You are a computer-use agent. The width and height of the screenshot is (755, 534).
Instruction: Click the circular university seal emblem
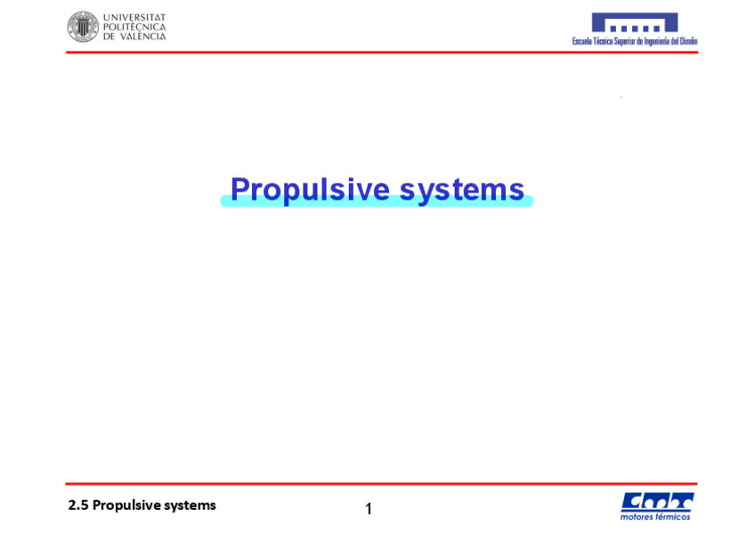click(x=83, y=27)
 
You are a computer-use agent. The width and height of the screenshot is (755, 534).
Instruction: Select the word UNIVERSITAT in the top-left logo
click(x=134, y=17)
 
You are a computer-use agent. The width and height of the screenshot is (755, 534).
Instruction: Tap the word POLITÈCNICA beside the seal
click(x=134, y=27)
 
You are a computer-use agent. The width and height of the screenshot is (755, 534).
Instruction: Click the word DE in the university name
click(x=109, y=37)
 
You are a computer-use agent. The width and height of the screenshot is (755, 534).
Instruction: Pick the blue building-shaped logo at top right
click(x=635, y=22)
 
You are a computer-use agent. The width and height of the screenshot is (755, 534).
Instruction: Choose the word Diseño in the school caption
click(x=688, y=41)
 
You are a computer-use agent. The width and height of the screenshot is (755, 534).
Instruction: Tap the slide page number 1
click(x=369, y=509)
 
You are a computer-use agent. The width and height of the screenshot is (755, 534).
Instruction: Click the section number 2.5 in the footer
click(x=78, y=505)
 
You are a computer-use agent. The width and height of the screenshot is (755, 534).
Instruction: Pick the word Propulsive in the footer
click(x=126, y=505)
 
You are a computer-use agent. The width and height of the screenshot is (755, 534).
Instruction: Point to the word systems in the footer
click(x=190, y=505)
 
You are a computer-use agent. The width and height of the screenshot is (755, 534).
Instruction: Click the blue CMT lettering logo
click(x=656, y=501)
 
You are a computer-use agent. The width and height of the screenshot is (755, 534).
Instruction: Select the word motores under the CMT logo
click(x=637, y=516)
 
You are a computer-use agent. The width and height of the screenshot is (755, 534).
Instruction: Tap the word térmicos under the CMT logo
click(x=673, y=516)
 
